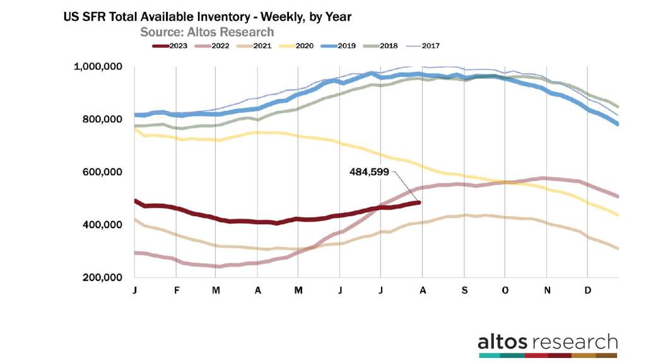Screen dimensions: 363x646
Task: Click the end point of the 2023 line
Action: [420, 202]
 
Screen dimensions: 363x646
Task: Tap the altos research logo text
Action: [547, 342]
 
